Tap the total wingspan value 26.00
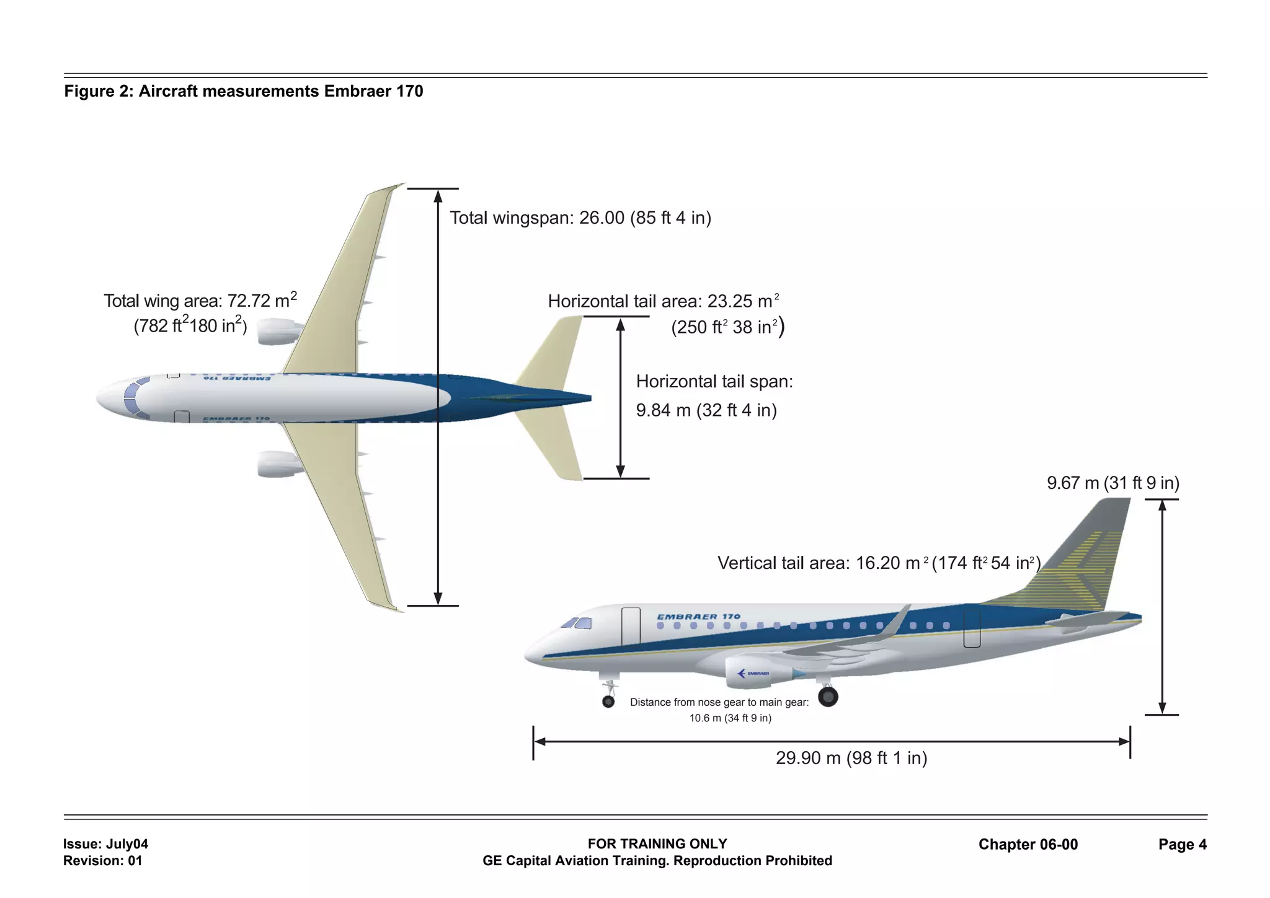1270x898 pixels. coord(602,218)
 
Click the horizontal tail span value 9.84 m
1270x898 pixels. coord(663,410)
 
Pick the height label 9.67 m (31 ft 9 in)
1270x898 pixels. coord(1112,483)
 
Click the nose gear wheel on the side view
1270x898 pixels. coord(608,702)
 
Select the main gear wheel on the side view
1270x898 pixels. coord(828,697)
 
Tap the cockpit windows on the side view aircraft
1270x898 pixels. coord(577,623)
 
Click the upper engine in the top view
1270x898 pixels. coord(277,332)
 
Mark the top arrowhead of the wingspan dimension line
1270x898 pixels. coord(438,196)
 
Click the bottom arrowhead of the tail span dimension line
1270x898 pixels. coord(620,471)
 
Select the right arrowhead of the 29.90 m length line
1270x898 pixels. coord(1123,742)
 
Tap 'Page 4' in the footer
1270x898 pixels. coord(1182,845)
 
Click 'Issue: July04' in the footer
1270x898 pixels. coord(105,844)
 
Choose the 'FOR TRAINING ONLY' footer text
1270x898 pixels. coord(657,844)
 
